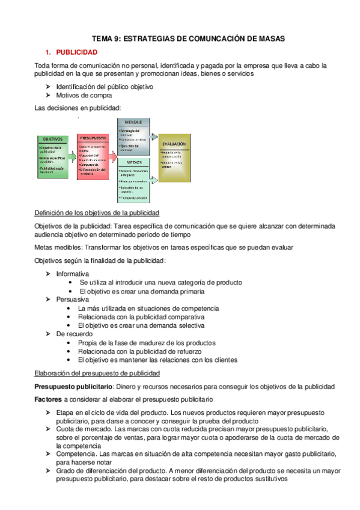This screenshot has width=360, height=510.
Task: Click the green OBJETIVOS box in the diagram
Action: (55, 155)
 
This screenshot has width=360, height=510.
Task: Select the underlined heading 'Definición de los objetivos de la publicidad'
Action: (96, 214)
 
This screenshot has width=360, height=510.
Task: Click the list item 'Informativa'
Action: (73, 274)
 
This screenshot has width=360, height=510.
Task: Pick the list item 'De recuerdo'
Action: (74, 334)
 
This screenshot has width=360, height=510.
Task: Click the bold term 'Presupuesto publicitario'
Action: (73, 386)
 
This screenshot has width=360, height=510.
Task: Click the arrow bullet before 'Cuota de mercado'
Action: (48, 429)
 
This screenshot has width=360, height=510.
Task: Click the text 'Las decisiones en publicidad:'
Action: (78, 108)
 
